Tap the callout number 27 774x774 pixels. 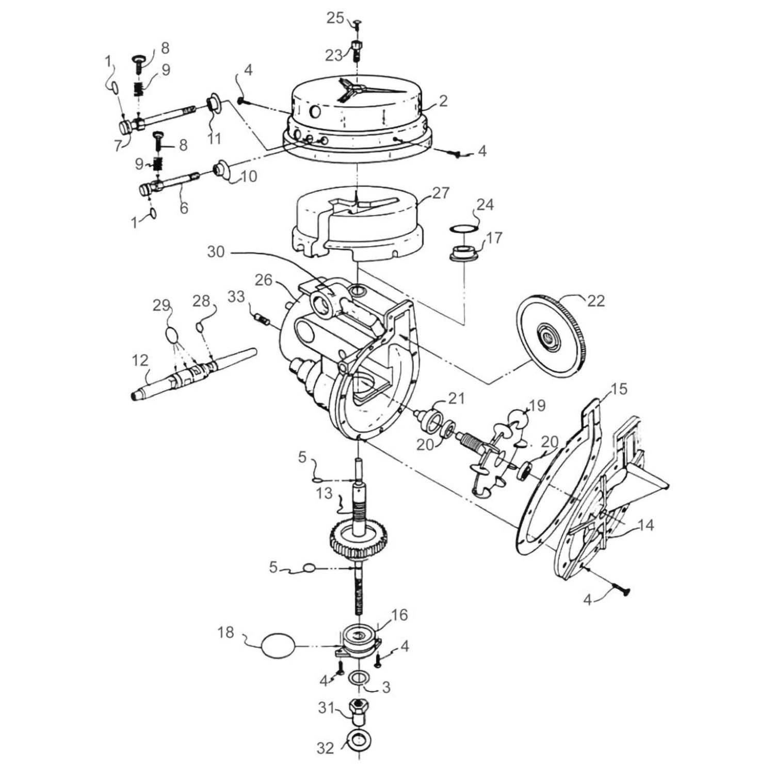[441, 193]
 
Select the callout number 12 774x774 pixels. [140, 359]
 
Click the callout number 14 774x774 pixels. [645, 525]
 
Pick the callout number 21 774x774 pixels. [456, 398]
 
